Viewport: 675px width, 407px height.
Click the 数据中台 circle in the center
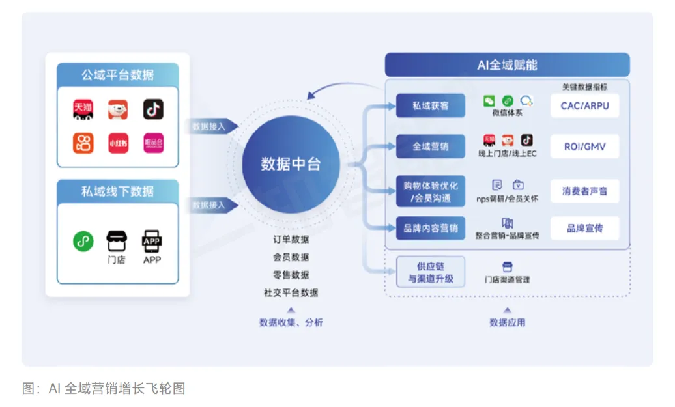[x=291, y=163]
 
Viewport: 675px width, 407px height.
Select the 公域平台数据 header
[x=117, y=75]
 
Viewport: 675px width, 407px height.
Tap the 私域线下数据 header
[x=117, y=191]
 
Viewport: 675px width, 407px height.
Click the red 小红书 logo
[x=118, y=143]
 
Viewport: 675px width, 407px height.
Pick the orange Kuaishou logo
[x=83, y=143]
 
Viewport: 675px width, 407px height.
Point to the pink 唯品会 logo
[x=153, y=143]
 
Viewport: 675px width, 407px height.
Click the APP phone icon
[x=152, y=242]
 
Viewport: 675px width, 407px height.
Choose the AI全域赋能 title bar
[x=507, y=65]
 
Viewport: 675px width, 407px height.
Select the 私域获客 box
[x=431, y=105]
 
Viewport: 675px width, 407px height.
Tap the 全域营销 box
[x=431, y=147]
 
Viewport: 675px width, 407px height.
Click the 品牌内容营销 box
[x=431, y=228]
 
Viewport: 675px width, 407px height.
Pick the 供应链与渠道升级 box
[x=431, y=272]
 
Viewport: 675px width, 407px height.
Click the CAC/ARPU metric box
[x=584, y=105]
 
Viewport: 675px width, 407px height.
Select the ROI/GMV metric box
[x=584, y=147]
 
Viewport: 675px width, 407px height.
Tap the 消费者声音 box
[x=584, y=191]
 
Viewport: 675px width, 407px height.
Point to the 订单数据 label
[x=291, y=240]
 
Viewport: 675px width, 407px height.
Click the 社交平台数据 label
[x=291, y=292]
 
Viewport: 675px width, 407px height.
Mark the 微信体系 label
[x=507, y=113]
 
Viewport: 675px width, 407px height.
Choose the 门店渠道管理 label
[x=507, y=279]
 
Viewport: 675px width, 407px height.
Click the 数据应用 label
[x=507, y=322]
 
